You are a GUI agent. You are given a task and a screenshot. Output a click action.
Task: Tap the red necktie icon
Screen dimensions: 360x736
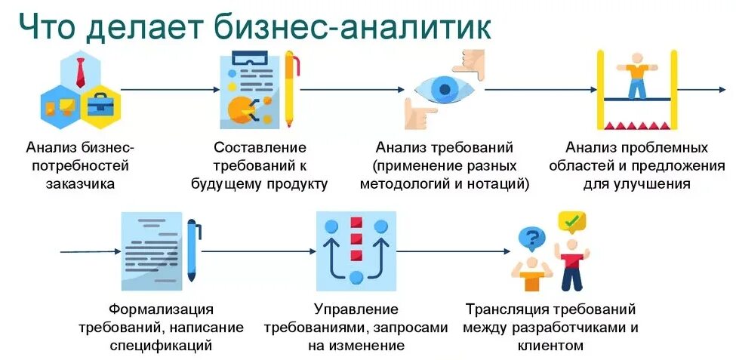(79, 72)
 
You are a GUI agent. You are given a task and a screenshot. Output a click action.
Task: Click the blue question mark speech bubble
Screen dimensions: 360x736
(531, 239)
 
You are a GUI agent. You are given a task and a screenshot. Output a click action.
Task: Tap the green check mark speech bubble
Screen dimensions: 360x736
(571, 222)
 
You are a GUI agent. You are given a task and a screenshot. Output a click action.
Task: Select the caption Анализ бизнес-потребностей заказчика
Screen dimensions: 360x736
(80, 165)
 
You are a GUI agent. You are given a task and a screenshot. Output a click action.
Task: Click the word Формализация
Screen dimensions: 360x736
(161, 309)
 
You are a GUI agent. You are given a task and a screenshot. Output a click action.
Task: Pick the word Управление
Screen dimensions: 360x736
(356, 309)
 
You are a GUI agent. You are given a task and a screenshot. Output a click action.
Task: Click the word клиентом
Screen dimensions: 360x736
(550, 346)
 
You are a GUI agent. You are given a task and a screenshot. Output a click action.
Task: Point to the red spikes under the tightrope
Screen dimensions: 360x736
(636, 124)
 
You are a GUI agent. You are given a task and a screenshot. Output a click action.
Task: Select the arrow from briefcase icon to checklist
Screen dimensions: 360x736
(166, 90)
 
